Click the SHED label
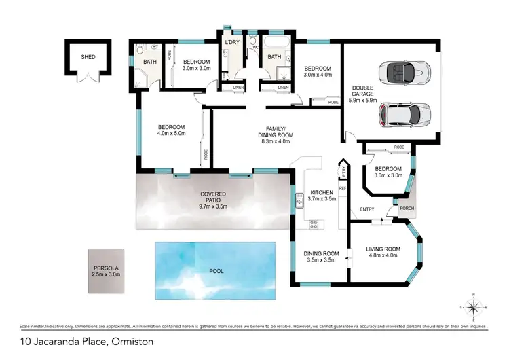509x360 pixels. point(88,57)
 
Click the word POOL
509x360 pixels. point(216,270)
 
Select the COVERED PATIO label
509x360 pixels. point(213,197)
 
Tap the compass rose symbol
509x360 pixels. point(477,307)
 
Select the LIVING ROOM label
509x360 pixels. point(383,253)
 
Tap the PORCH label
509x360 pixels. point(407,209)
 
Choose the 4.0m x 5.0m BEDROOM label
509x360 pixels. point(171,130)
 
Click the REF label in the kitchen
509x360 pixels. point(343,187)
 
